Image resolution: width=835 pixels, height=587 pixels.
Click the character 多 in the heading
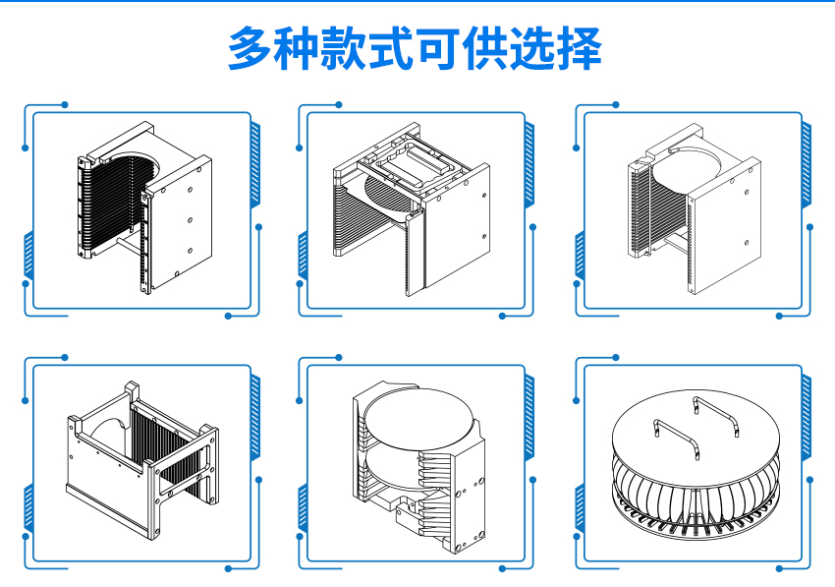pyautogui.click(x=252, y=47)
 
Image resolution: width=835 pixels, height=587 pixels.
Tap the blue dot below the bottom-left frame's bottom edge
pyautogui.click(x=228, y=567)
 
